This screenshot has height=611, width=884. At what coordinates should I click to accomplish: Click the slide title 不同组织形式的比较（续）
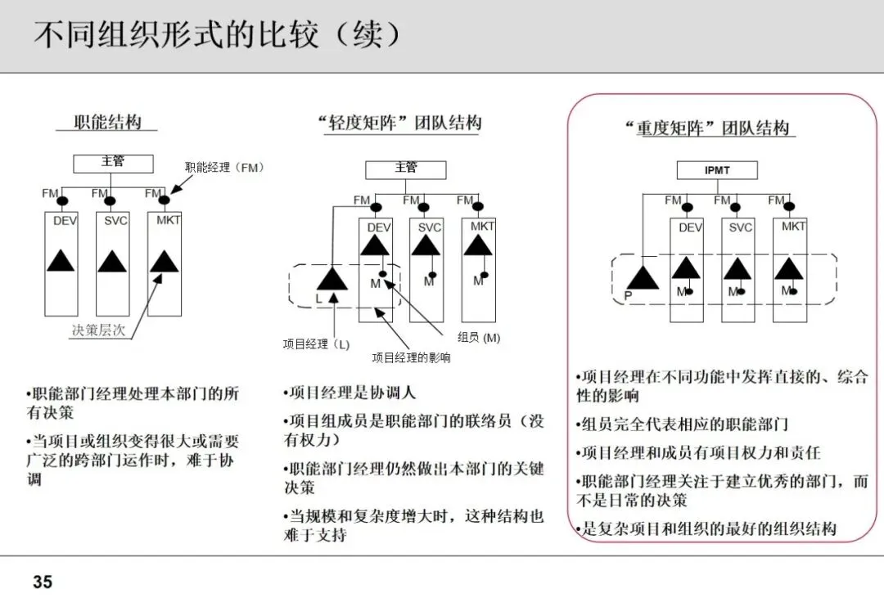pos(219,36)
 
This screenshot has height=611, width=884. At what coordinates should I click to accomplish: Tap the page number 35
pos(43,582)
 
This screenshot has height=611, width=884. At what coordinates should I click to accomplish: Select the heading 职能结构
pos(107,123)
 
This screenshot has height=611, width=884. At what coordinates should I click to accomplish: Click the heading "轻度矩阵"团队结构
pos(399,124)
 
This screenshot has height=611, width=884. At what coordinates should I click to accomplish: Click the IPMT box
pos(716,170)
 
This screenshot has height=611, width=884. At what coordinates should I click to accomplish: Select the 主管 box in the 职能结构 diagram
pos(113,162)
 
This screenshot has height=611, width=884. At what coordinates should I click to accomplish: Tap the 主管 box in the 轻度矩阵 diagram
pos(405,168)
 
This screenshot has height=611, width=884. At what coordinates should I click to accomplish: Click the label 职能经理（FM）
pos(225,167)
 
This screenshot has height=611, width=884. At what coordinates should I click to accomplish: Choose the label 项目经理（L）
pos(316,344)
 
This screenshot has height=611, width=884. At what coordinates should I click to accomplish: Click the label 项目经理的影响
pos(411,357)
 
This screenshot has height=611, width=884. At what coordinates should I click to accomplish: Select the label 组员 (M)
pos(479,337)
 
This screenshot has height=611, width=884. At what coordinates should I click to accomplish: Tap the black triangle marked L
pos(331,278)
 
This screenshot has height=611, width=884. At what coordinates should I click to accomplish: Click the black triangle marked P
pos(643,278)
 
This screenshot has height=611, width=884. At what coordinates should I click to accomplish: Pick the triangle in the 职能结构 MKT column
pos(165,262)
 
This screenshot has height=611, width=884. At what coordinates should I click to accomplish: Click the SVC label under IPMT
pos(741,227)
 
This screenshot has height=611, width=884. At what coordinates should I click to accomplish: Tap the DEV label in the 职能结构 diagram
pos(65,220)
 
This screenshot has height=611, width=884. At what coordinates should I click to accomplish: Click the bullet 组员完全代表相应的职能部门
pos(682,425)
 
